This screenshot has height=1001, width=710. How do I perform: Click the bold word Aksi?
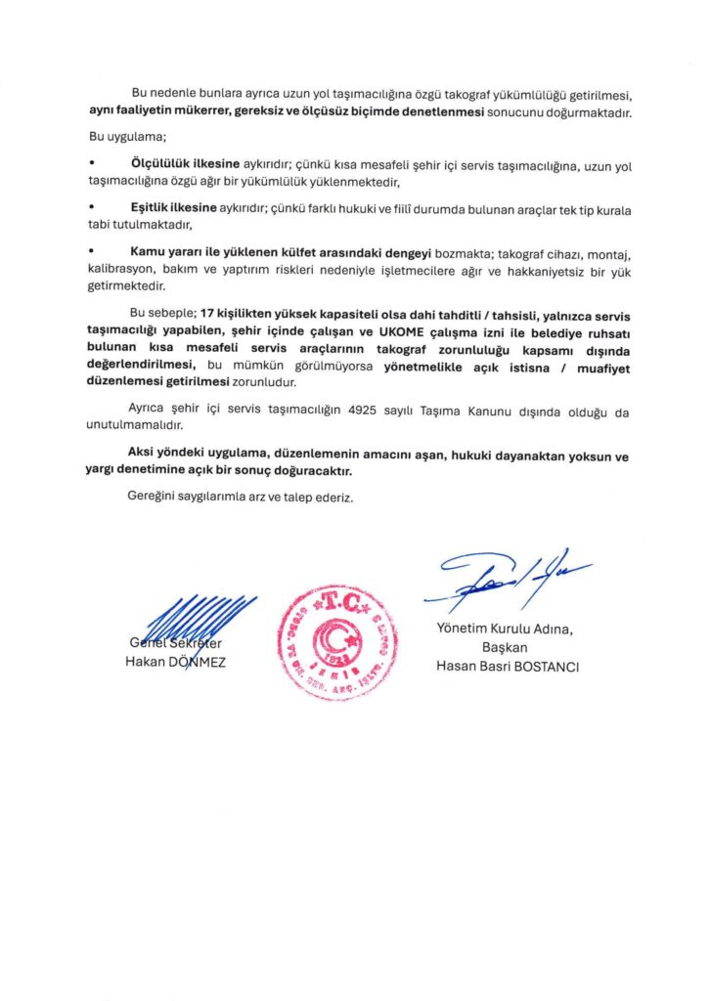[146, 454]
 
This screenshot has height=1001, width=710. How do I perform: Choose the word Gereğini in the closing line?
[154, 497]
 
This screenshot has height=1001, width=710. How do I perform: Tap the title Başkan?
[505, 648]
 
